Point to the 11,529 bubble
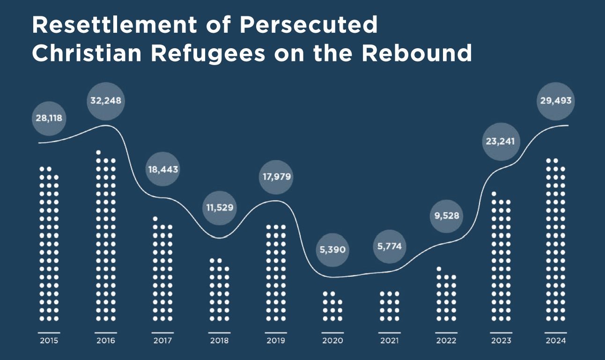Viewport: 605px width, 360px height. (x=220, y=207)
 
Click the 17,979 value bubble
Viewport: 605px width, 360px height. (x=276, y=177)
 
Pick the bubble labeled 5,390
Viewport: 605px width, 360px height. (x=332, y=250)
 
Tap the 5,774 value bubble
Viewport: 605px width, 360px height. (x=389, y=246)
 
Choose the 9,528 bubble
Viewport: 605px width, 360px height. (x=446, y=216)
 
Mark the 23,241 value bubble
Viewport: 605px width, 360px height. (x=501, y=140)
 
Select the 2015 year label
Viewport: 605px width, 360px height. (x=49, y=341)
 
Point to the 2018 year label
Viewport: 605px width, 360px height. (x=219, y=341)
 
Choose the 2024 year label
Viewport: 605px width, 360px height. (x=556, y=341)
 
